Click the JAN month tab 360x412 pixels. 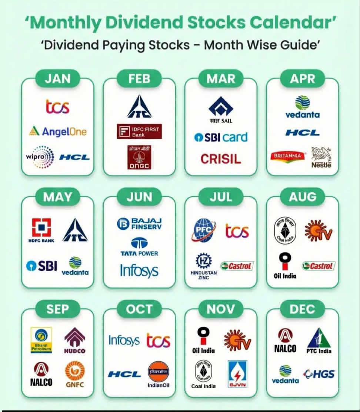(x=57, y=79)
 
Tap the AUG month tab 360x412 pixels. (x=303, y=197)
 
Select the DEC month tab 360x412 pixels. (x=302, y=309)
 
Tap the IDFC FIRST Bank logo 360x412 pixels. (x=139, y=131)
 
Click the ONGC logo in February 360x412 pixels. (x=139, y=157)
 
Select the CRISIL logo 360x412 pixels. (x=221, y=159)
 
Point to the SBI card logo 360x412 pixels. (x=221, y=137)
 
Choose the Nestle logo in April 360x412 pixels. (x=321, y=157)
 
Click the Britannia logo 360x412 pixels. (x=288, y=156)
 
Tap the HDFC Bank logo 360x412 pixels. (x=41, y=230)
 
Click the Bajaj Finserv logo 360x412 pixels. (x=139, y=223)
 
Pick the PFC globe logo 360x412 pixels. (x=204, y=230)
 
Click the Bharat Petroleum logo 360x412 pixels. (x=41, y=340)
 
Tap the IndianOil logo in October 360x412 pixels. (x=158, y=374)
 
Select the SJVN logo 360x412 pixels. (x=237, y=374)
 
